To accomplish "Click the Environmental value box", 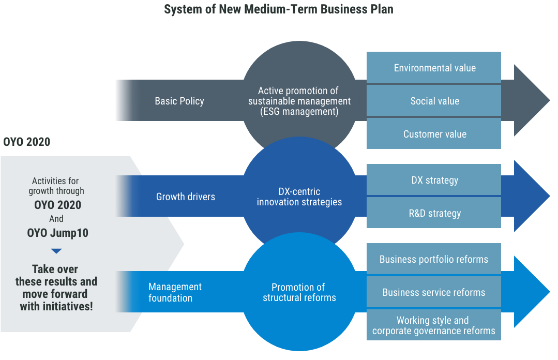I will pos(434,68).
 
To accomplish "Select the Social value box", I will pos(434,101).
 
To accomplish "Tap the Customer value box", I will pos(434,134).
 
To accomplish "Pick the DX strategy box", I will pos(434,180).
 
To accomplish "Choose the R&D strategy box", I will pos(434,213).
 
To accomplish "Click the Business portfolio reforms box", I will pos(434,259).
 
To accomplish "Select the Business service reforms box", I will pos(434,292).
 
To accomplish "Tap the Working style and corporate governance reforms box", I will pos(434,325).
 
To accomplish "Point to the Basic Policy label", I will pos(179,101).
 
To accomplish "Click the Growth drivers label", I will pos(186,197).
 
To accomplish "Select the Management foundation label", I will pos(175,292).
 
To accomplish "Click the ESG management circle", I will pos(299,101).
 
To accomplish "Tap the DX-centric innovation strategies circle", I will pos(299,197).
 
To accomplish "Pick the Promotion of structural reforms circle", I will pos(299,292).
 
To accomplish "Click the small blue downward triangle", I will pos(56,251).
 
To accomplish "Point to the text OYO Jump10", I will pos(58,233).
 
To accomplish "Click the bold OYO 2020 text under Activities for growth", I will pos(58,205).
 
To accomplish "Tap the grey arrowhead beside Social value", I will pos(530,100).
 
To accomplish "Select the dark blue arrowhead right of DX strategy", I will pos(530,196).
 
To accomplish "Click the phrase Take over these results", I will pos(56,275).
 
